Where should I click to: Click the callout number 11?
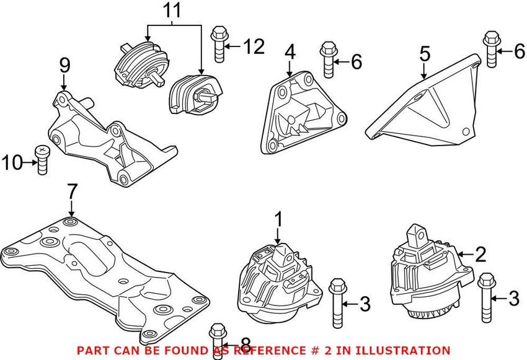[x=174, y=11]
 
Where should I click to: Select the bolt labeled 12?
[x=218, y=44]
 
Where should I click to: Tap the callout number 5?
[x=424, y=54]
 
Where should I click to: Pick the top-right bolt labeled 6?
[x=489, y=50]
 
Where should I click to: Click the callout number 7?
[x=72, y=191]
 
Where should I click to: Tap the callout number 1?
[x=278, y=218]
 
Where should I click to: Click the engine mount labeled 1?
[x=276, y=282]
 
